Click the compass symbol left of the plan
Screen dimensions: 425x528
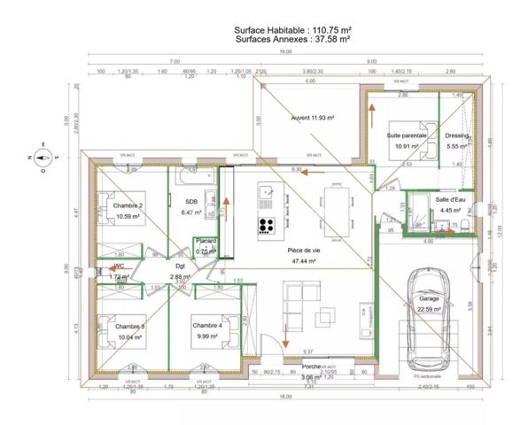41,158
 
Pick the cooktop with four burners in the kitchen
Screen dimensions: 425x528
266,224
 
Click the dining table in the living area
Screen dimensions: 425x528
336,210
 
